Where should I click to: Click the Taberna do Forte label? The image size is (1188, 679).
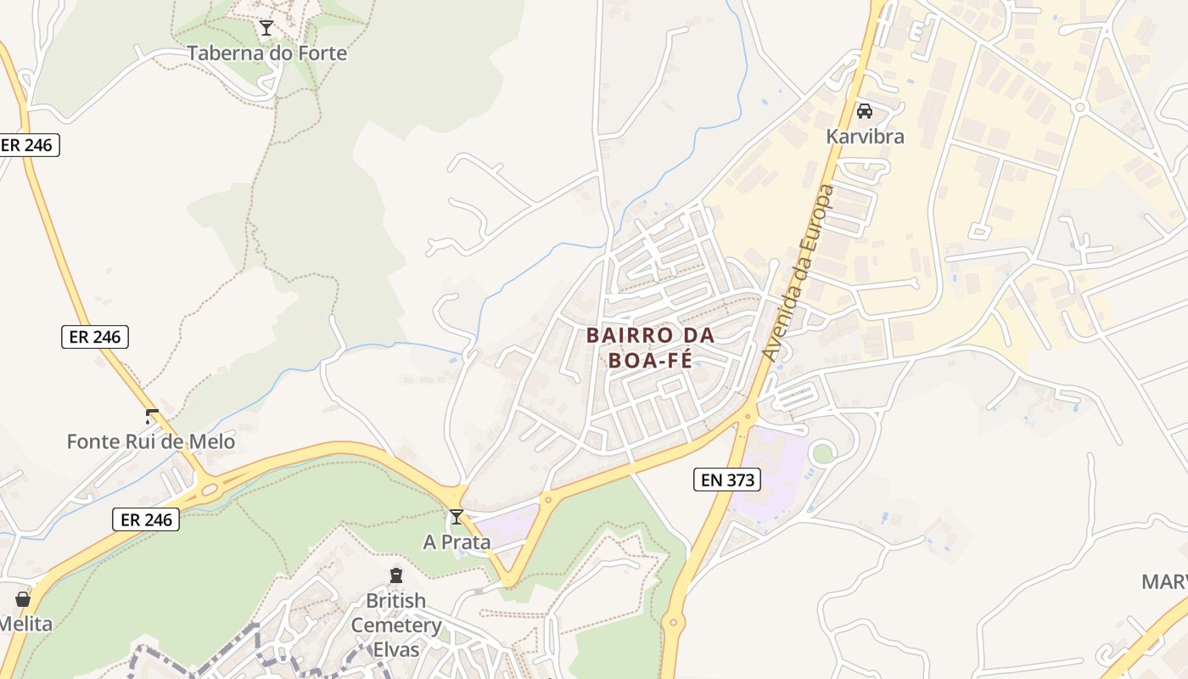266,53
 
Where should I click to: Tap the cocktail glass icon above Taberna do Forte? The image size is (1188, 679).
266,29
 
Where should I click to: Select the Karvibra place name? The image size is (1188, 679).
865,137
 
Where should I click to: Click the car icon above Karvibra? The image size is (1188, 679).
865,111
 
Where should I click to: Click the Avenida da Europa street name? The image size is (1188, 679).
799,272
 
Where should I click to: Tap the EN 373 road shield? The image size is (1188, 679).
727,480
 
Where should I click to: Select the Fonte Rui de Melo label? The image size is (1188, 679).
151,442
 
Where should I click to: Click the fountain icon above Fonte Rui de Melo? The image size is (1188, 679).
152,417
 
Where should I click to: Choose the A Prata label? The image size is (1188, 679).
457,542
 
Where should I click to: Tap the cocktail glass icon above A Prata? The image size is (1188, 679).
457,517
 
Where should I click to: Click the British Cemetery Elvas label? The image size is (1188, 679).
396,626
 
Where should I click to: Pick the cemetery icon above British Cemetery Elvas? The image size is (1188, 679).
396,575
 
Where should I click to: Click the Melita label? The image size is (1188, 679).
25,625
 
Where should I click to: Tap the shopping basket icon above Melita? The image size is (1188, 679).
23,599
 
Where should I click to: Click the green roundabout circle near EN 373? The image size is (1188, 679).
822,453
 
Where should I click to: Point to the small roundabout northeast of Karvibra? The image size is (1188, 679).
1079,108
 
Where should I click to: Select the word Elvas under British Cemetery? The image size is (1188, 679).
396,650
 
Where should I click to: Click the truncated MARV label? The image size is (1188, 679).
1164,582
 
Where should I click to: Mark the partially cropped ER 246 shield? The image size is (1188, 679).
28,145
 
